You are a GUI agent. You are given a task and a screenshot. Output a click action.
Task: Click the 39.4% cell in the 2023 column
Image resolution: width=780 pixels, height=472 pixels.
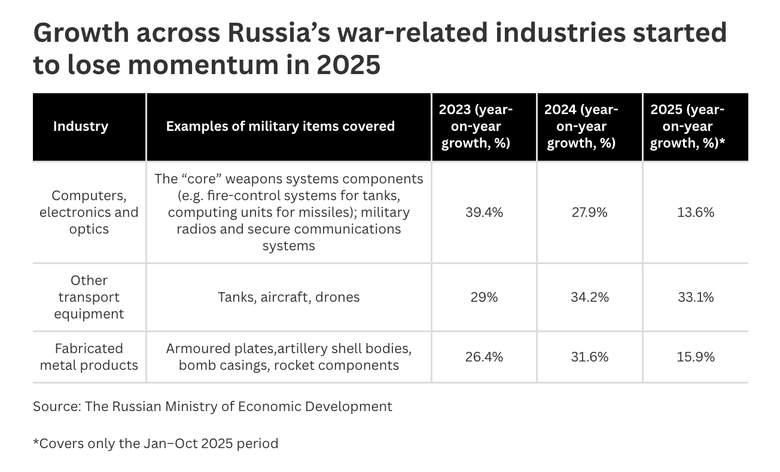tap(484, 212)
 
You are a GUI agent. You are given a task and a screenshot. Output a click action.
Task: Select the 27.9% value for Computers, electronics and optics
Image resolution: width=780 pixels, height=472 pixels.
tap(589, 212)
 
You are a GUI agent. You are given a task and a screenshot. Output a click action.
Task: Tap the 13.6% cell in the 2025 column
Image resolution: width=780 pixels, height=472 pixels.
tap(696, 212)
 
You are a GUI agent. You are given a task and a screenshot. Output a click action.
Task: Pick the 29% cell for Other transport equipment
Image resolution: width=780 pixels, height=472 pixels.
tap(484, 297)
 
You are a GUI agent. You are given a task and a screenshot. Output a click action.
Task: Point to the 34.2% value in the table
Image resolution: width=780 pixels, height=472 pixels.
tap(589, 297)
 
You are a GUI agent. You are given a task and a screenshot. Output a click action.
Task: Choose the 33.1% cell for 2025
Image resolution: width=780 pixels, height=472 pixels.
tap(696, 297)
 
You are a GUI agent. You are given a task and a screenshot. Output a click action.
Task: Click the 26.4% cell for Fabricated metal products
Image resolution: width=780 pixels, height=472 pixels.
tap(484, 357)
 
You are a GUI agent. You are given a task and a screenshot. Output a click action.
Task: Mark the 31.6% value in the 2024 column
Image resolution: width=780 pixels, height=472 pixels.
tap(589, 357)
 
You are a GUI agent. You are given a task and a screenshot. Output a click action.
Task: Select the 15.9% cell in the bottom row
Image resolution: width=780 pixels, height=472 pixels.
tap(696, 357)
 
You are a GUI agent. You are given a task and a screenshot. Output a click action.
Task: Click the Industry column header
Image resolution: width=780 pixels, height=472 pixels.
tap(81, 126)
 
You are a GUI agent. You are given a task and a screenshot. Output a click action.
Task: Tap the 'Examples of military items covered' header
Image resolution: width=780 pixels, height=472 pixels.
tap(280, 126)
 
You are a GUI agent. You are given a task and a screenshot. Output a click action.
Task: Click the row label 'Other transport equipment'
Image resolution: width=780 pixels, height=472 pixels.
tap(89, 297)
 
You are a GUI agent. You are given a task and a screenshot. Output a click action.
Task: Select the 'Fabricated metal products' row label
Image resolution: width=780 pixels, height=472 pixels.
tap(89, 357)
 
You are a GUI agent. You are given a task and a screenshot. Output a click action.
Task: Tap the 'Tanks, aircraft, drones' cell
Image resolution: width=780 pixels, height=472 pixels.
tap(289, 297)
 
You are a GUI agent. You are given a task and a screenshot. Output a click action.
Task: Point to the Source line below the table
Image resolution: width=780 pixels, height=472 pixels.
tap(212, 406)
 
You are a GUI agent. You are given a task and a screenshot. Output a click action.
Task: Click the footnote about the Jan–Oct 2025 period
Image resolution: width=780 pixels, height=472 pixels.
tap(156, 443)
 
